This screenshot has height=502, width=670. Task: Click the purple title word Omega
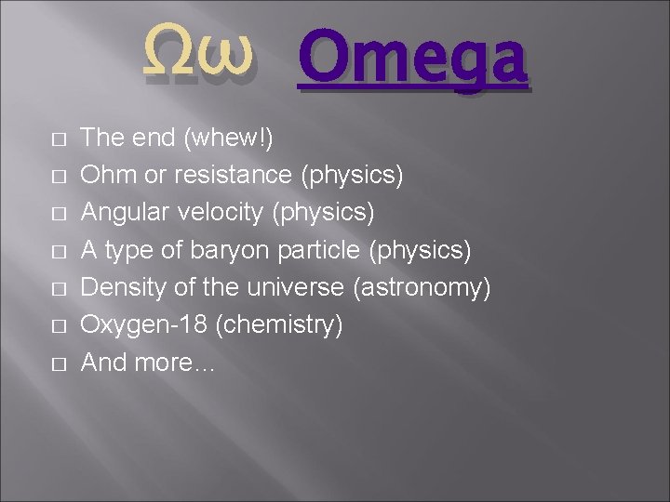coord(412,59)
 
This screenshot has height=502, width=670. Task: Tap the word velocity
coord(219,213)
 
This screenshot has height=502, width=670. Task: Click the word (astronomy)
coord(422,288)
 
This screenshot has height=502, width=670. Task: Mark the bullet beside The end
coord(59,139)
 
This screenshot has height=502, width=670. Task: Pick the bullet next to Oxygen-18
coord(59,326)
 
